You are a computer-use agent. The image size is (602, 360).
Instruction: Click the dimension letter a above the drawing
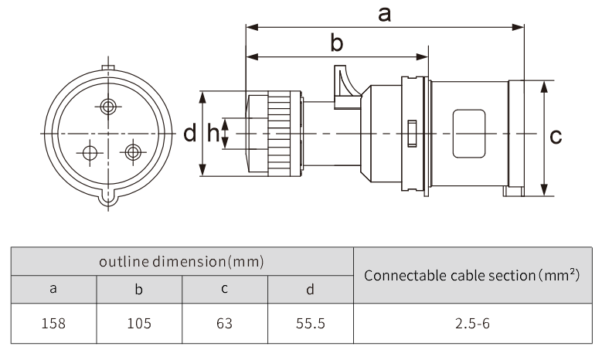(384, 13)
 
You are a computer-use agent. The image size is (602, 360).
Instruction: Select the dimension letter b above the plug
(337, 42)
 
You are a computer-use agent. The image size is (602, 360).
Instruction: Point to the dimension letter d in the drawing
(190, 134)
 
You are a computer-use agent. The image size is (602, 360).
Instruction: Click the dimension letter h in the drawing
(213, 134)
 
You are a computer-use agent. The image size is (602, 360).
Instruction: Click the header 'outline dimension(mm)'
(182, 261)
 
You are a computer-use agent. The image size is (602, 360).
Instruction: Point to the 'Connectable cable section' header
(472, 275)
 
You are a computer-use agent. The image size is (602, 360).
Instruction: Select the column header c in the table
(225, 290)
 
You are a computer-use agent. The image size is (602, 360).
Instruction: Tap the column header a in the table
(53, 290)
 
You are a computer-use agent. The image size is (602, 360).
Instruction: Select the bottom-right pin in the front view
(134, 151)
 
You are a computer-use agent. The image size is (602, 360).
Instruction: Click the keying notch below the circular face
(109, 199)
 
